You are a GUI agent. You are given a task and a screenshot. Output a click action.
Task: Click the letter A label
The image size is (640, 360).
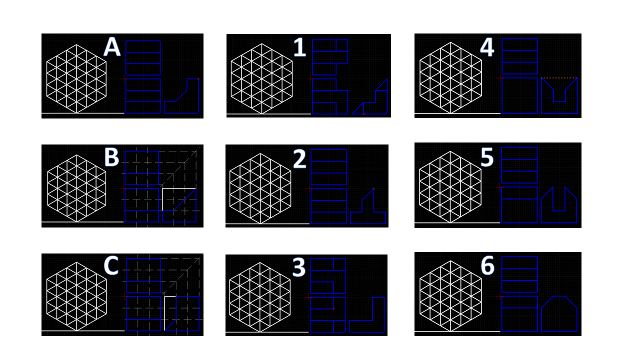coord(112,47)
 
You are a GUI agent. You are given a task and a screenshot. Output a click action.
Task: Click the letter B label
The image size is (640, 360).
coord(111,157)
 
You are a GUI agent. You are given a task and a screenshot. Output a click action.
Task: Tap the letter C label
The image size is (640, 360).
coord(111,265)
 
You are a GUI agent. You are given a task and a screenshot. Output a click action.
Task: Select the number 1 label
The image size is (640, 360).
coord(299,47)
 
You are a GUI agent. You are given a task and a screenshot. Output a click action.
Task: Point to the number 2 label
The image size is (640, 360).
coord(299,159)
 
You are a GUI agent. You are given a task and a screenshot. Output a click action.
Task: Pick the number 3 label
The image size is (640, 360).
coord(299,267)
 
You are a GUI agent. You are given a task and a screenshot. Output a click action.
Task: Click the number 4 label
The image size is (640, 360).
coord(487,47)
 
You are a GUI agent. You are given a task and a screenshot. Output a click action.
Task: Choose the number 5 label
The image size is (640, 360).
coord(487,157)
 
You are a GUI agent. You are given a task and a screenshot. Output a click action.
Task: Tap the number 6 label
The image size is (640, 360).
coord(487,265)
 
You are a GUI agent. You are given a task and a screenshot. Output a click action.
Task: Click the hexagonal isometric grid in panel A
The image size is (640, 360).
coord(76,78)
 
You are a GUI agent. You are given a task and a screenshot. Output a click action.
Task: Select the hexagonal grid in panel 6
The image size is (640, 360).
coord(450,296)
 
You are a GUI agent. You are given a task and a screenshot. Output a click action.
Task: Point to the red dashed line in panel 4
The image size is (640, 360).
coord(559,77)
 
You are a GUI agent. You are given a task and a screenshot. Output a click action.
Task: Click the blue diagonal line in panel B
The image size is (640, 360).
coord(185,199)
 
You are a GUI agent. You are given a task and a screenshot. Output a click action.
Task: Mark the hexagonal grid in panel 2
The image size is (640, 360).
coord(260,188)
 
